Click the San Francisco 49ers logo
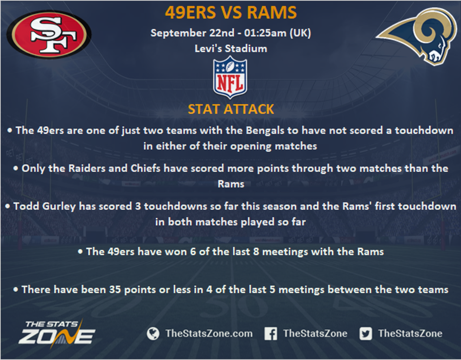pos(49,35)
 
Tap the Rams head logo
pos(417,36)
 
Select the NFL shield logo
pos(230,78)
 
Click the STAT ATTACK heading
pos(231,109)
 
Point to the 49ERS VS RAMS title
pos(231,13)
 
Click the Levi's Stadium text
pos(231,49)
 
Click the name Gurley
pos(59,206)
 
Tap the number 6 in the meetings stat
pos(193,252)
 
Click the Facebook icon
pos(270,333)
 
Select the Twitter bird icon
pos(366,333)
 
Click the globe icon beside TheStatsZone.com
pos(153,333)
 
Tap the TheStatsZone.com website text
pos(209,333)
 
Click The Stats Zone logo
pos(57,333)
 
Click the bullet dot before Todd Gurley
pos(8,206)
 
